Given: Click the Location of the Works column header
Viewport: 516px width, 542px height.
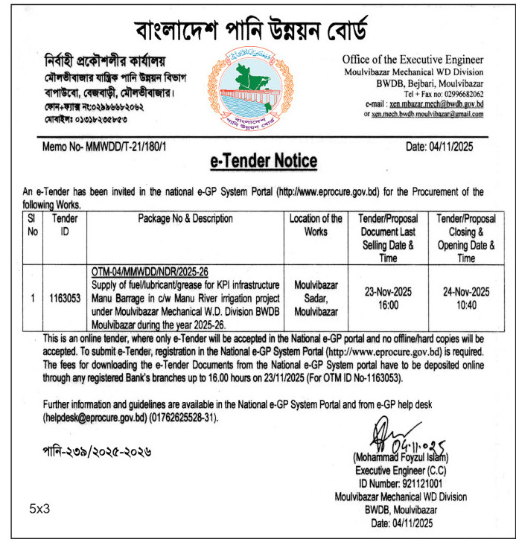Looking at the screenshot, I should (x=315, y=225).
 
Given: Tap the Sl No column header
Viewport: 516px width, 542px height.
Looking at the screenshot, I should (x=31, y=225).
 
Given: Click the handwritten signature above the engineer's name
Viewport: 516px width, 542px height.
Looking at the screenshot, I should (x=387, y=434).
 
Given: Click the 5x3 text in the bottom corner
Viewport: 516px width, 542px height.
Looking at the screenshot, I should (x=39, y=509).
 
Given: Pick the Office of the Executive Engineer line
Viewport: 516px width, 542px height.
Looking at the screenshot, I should (x=413, y=60).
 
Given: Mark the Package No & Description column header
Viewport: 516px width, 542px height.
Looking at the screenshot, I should (x=185, y=219).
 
